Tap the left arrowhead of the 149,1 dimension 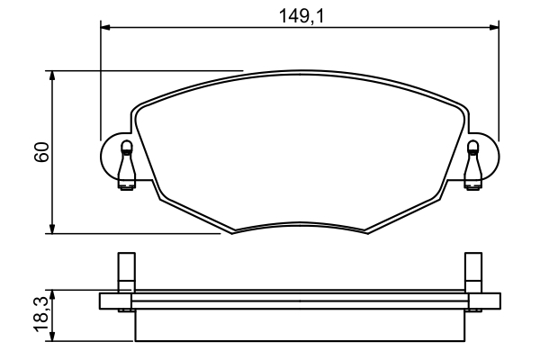105,28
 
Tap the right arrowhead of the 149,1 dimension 493,28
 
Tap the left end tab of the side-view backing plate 115,301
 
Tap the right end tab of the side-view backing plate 483,301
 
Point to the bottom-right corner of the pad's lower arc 365,232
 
